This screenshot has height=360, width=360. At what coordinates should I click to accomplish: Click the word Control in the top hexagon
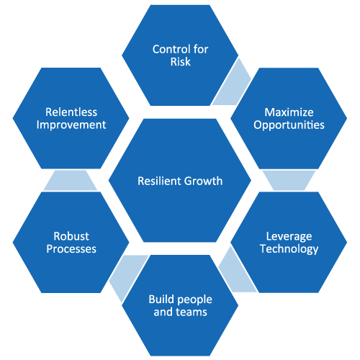click(x=171, y=49)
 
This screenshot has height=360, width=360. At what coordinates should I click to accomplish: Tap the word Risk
click(x=181, y=62)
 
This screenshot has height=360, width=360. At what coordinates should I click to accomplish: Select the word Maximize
click(x=289, y=112)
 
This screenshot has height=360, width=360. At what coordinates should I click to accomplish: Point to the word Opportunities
click(x=289, y=125)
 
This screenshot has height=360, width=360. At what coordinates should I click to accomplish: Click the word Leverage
click(x=289, y=237)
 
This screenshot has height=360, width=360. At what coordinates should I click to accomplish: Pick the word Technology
click(x=289, y=249)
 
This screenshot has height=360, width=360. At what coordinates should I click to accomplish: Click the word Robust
click(x=71, y=236)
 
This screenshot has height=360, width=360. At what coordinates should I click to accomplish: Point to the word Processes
click(x=71, y=249)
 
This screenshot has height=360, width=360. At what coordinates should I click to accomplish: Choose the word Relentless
click(x=71, y=112)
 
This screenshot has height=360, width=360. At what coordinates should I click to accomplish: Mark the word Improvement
click(x=71, y=125)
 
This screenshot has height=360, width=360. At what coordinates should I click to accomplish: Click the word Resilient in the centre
click(x=158, y=181)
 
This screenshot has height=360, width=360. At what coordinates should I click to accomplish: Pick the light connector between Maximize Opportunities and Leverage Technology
click(x=289, y=180)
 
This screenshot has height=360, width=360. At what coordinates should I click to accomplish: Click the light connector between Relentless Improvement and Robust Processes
click(x=71, y=180)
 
